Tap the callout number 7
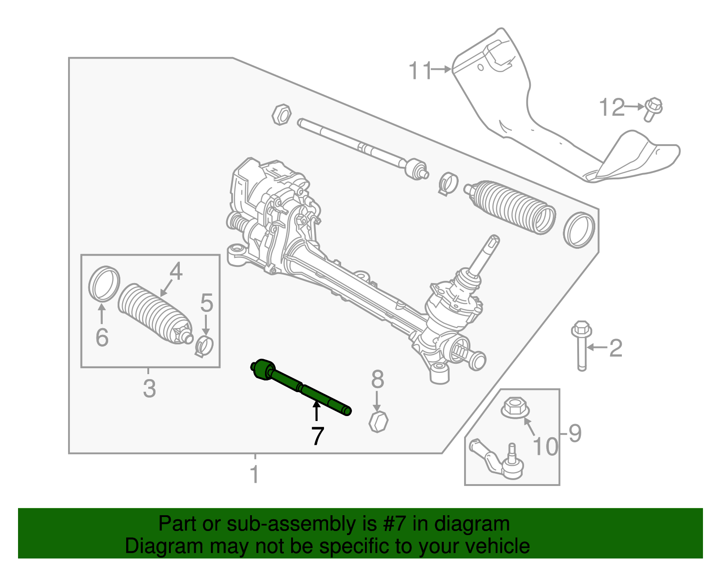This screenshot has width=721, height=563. pyautogui.click(x=317, y=436)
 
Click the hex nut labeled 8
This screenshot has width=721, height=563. pyautogui.click(x=379, y=421)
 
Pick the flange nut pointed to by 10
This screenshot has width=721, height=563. pyautogui.click(x=515, y=407)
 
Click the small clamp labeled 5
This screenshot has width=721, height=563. pyautogui.click(x=205, y=346)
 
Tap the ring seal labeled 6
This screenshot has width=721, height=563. pyautogui.click(x=104, y=284)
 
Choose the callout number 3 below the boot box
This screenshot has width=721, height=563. pyautogui.click(x=149, y=389)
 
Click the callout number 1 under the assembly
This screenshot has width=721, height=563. pyautogui.click(x=255, y=475)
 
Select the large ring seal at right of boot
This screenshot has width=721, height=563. pyautogui.click(x=580, y=229)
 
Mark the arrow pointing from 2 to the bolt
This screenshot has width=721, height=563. pyautogui.click(x=597, y=348)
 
